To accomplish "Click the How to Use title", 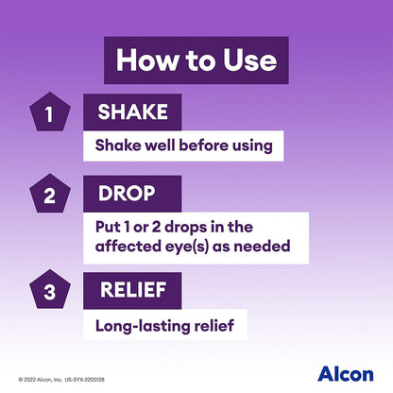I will (x=196, y=60).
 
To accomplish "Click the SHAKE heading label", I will (x=133, y=112).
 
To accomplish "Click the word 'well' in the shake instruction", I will (x=156, y=146).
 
